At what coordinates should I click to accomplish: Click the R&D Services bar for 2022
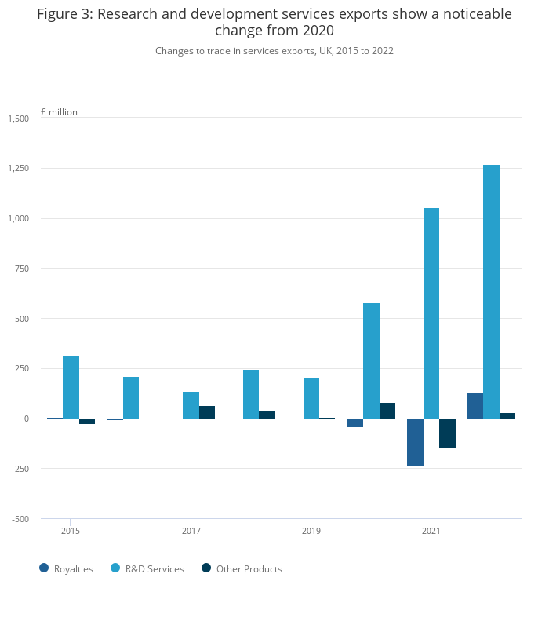[491, 291]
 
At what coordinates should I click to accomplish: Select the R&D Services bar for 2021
[431, 313]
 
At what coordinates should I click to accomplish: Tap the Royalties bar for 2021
[415, 442]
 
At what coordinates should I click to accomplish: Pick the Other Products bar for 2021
[447, 433]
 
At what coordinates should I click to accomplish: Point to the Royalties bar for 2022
[475, 406]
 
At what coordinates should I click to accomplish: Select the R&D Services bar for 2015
[71, 387]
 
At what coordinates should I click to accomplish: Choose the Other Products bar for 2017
[207, 412]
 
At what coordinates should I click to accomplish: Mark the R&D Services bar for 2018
[251, 394]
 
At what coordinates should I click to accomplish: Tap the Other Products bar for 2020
[387, 411]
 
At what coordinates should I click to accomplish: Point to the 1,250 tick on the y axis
[18, 168]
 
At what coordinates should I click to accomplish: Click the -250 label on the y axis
[19, 469]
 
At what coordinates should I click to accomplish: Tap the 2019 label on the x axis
[311, 532]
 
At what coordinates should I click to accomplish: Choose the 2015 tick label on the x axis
[71, 532]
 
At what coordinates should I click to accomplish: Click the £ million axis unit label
[59, 112]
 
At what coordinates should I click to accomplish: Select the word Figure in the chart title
[61, 14]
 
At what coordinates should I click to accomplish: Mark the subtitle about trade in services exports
[274, 51]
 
